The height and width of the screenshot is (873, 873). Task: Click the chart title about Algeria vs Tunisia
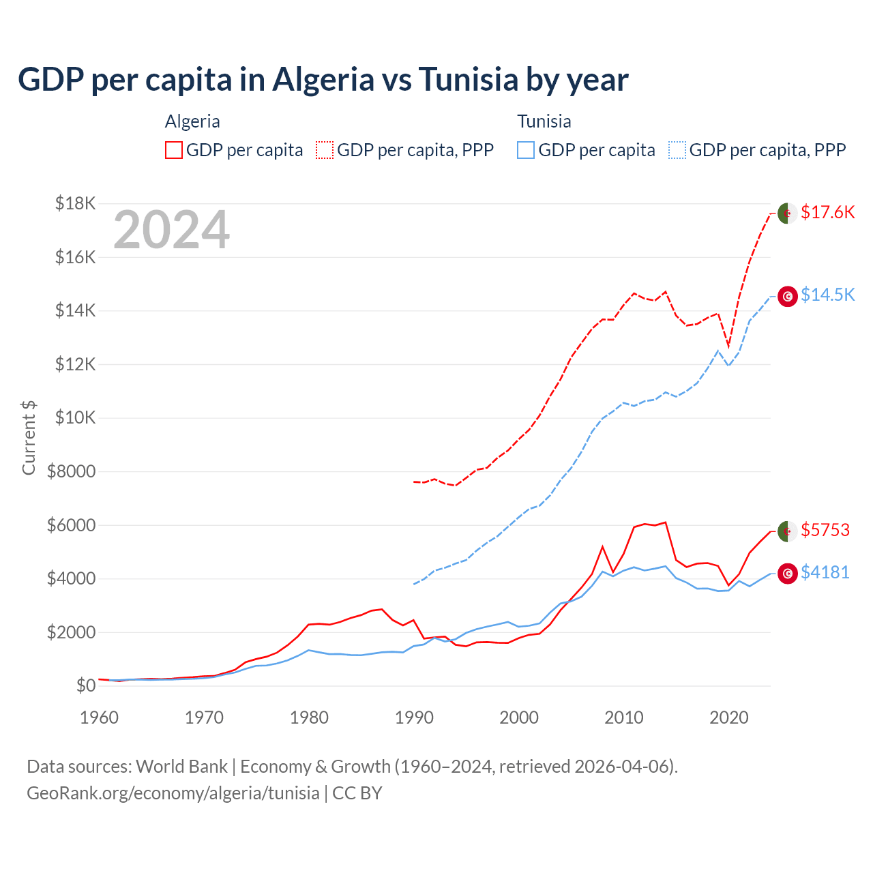coord(323,80)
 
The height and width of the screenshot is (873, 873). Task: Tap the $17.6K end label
coord(827,212)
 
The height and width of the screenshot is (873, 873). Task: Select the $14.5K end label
coord(827,295)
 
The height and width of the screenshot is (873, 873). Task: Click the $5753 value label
coord(825,530)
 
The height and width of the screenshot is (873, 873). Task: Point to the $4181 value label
coord(825,572)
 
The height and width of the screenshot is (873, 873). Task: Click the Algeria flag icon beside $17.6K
coord(788,213)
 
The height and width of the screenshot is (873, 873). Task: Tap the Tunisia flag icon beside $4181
coord(788,574)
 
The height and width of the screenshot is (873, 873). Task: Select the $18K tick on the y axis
coord(76,203)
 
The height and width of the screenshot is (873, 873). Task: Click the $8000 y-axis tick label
coord(72,471)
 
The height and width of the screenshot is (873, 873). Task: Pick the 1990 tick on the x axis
coord(414,717)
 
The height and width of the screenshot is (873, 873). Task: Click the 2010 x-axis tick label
coord(624,717)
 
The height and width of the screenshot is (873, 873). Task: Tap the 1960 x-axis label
coord(100,717)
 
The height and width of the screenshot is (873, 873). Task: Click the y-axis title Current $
coord(29,438)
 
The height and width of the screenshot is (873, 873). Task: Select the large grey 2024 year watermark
coord(171,231)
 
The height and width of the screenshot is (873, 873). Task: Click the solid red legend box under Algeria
coord(174,150)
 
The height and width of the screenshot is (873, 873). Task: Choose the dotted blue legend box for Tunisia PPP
coord(677,150)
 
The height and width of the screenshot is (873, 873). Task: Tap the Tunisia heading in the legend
coord(544,121)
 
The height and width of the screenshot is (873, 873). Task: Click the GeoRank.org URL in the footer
coord(173,793)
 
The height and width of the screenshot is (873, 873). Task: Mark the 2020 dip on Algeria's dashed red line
coord(728,346)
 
